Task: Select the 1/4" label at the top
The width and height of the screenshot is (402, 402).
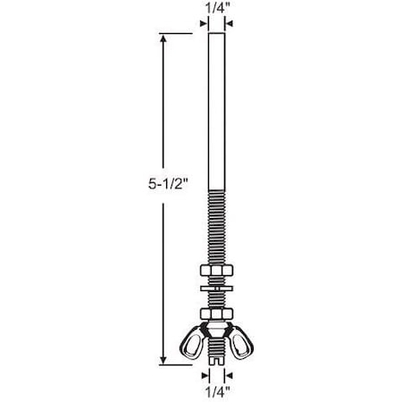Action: (214, 8)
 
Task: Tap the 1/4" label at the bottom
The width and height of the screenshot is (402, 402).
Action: (214, 390)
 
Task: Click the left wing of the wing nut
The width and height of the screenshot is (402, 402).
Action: (193, 341)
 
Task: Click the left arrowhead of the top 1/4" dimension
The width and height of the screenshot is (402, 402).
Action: (203, 23)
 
